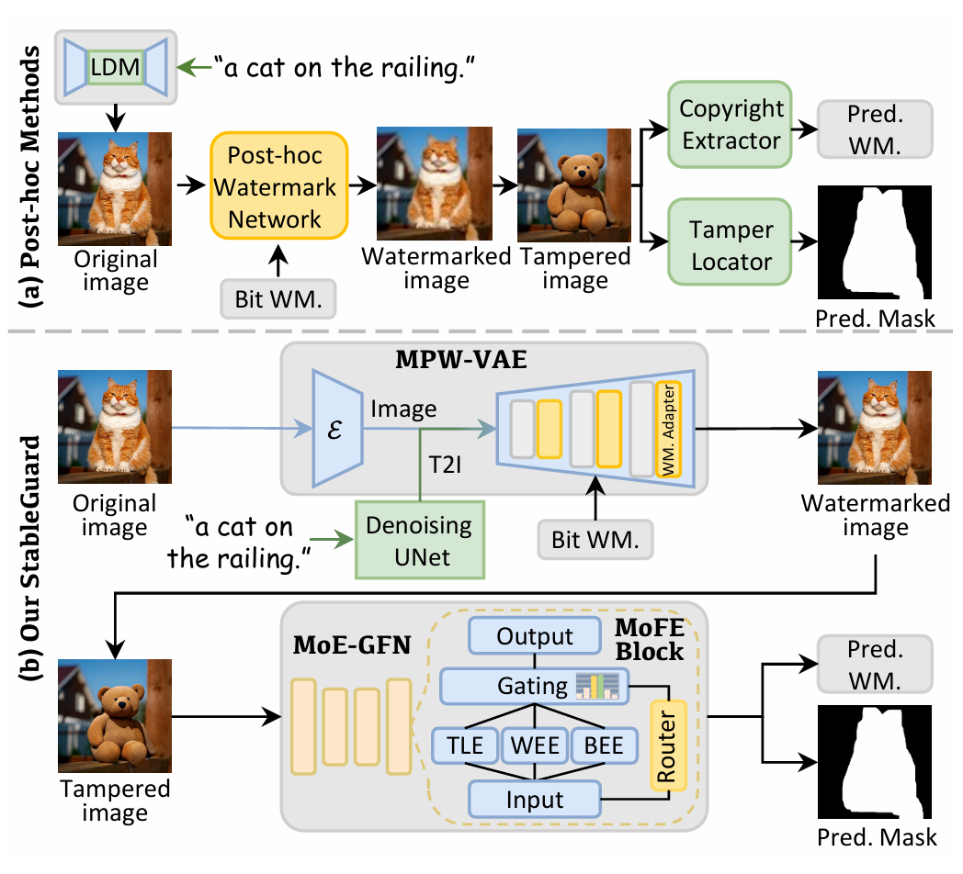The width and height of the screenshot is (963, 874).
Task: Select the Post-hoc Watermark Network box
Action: tap(278, 187)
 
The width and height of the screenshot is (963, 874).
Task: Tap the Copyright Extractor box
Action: tap(731, 124)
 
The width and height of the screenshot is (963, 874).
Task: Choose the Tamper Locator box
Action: tap(731, 245)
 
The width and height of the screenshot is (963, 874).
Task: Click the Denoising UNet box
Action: tap(419, 540)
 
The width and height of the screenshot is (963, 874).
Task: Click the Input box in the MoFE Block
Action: tap(534, 798)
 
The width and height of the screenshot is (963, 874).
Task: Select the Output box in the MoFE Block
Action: tap(534, 636)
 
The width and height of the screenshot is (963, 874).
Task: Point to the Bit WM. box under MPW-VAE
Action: tap(595, 539)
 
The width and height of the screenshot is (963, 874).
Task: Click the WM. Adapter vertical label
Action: tap(668, 430)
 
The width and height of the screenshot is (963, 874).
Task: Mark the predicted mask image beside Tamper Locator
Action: tap(874, 242)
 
